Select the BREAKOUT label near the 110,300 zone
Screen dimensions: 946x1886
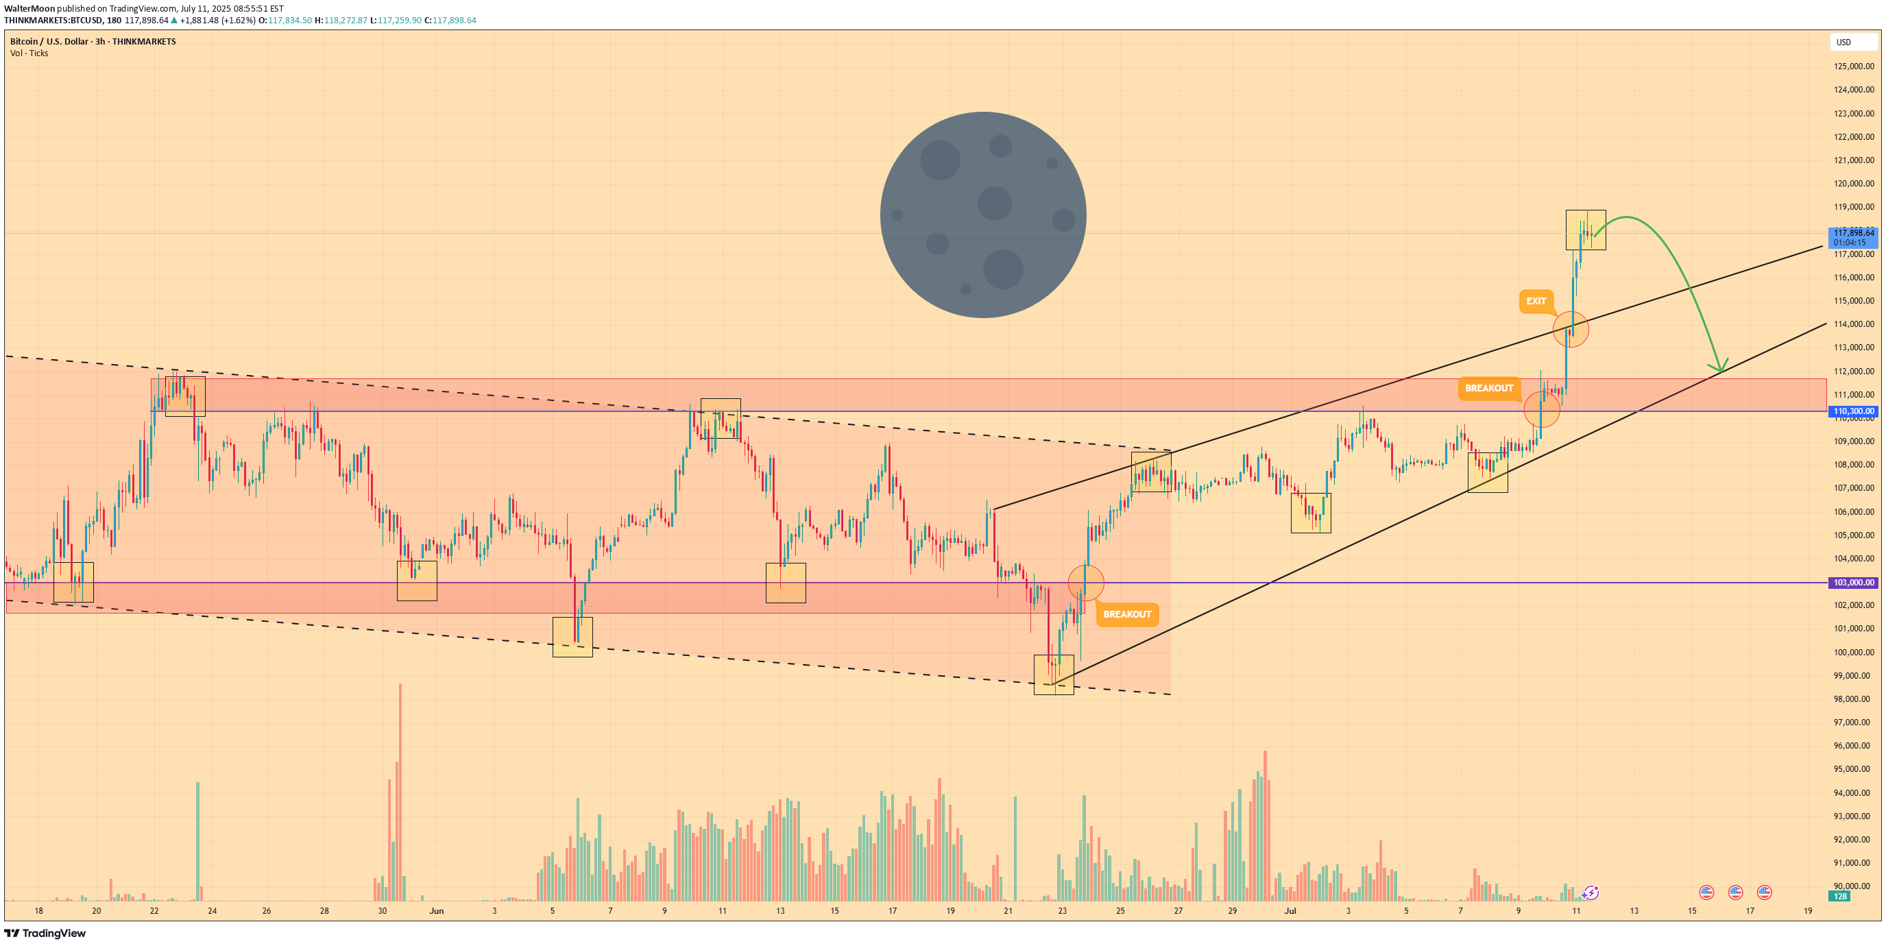click(1488, 388)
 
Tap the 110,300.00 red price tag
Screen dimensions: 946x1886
click(1854, 411)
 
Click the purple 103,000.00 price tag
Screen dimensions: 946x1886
click(1854, 583)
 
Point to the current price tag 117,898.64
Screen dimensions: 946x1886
click(1854, 233)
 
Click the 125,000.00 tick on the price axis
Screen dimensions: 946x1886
click(1854, 66)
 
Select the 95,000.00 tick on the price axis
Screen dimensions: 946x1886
click(1854, 770)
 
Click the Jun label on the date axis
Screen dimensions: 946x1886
click(436, 911)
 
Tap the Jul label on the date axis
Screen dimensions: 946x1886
click(1290, 911)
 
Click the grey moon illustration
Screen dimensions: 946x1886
click(982, 215)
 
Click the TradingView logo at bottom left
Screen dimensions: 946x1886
click(45, 933)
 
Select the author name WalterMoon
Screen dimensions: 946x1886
click(29, 9)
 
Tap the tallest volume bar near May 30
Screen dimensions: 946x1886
click(400, 791)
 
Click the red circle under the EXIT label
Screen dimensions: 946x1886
click(1571, 330)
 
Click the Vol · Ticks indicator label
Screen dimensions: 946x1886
click(29, 53)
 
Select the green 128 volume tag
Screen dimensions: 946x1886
click(1840, 896)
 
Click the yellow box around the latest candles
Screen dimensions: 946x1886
click(1585, 230)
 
